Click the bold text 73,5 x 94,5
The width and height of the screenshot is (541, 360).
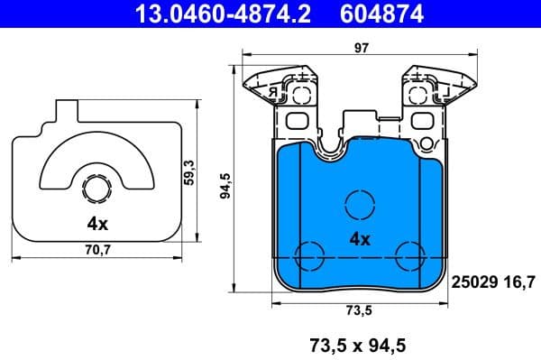[x=358, y=344]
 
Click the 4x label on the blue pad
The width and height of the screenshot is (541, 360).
[x=359, y=240]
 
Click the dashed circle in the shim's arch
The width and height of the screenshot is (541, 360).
[x=96, y=189]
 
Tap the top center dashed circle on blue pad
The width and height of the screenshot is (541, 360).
[x=360, y=204]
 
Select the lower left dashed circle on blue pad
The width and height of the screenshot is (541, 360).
[x=310, y=254]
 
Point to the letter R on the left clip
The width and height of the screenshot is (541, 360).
[x=269, y=91]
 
